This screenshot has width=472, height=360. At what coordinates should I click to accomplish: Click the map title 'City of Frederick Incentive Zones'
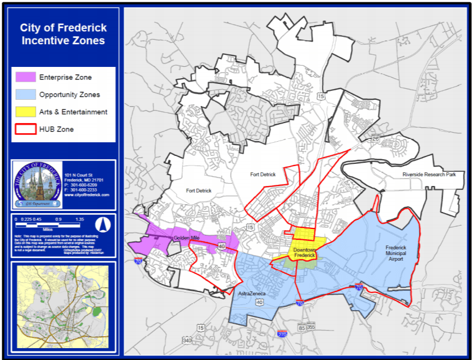click(x=63, y=34)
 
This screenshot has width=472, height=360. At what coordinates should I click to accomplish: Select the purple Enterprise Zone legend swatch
click(x=25, y=77)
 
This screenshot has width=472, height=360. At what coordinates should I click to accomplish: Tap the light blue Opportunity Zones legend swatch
click(x=25, y=95)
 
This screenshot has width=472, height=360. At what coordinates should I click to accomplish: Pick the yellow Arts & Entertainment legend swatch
click(x=25, y=112)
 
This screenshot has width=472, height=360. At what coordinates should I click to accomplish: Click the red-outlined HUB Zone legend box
click(x=25, y=129)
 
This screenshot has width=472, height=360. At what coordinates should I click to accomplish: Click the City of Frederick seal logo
click(x=37, y=184)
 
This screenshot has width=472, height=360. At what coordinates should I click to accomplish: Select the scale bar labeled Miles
click(x=50, y=223)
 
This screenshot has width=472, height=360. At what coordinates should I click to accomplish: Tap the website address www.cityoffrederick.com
click(x=87, y=194)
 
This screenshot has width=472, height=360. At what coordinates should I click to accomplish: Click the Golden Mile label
click(x=186, y=238)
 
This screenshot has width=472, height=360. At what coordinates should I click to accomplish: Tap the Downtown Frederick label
click(x=304, y=253)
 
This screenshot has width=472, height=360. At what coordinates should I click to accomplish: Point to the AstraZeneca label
click(x=252, y=294)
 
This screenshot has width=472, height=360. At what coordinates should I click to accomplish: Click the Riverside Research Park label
click(x=429, y=175)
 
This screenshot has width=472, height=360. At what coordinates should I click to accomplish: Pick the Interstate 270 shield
click(x=281, y=333)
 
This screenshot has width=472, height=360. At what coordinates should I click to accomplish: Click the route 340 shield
click(x=187, y=340)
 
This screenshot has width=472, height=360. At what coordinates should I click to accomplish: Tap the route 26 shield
click(x=374, y=138)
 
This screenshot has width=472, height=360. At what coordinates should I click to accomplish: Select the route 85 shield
click(x=301, y=328)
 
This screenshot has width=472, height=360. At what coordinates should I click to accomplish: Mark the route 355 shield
click(x=311, y=328)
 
